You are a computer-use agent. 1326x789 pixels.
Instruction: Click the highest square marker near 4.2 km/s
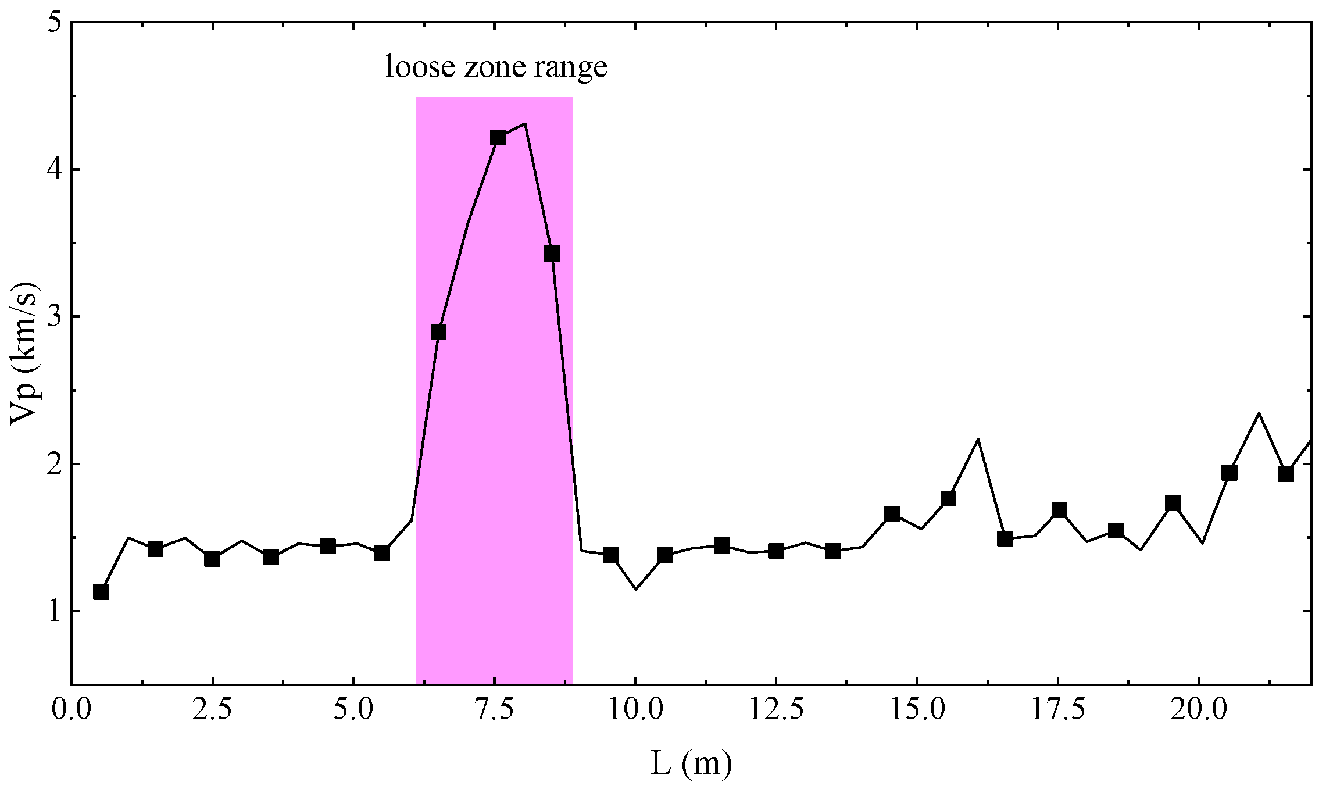(498, 138)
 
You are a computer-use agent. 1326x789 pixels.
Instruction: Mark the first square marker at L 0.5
(101, 592)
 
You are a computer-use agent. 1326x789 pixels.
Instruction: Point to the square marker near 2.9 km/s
(438, 332)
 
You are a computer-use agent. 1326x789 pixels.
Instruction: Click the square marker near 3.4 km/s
(552, 254)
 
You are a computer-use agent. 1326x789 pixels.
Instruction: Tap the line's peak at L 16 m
(978, 439)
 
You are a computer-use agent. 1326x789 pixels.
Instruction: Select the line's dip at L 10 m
(635, 590)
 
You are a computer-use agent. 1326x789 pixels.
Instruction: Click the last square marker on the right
(1286, 474)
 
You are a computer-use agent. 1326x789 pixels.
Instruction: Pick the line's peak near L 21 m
(1259, 413)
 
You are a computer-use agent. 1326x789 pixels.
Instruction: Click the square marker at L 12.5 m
(776, 551)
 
